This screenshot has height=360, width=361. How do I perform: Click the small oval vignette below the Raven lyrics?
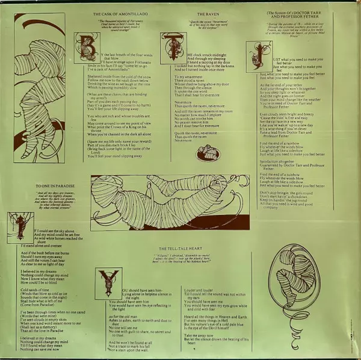[209, 153]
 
